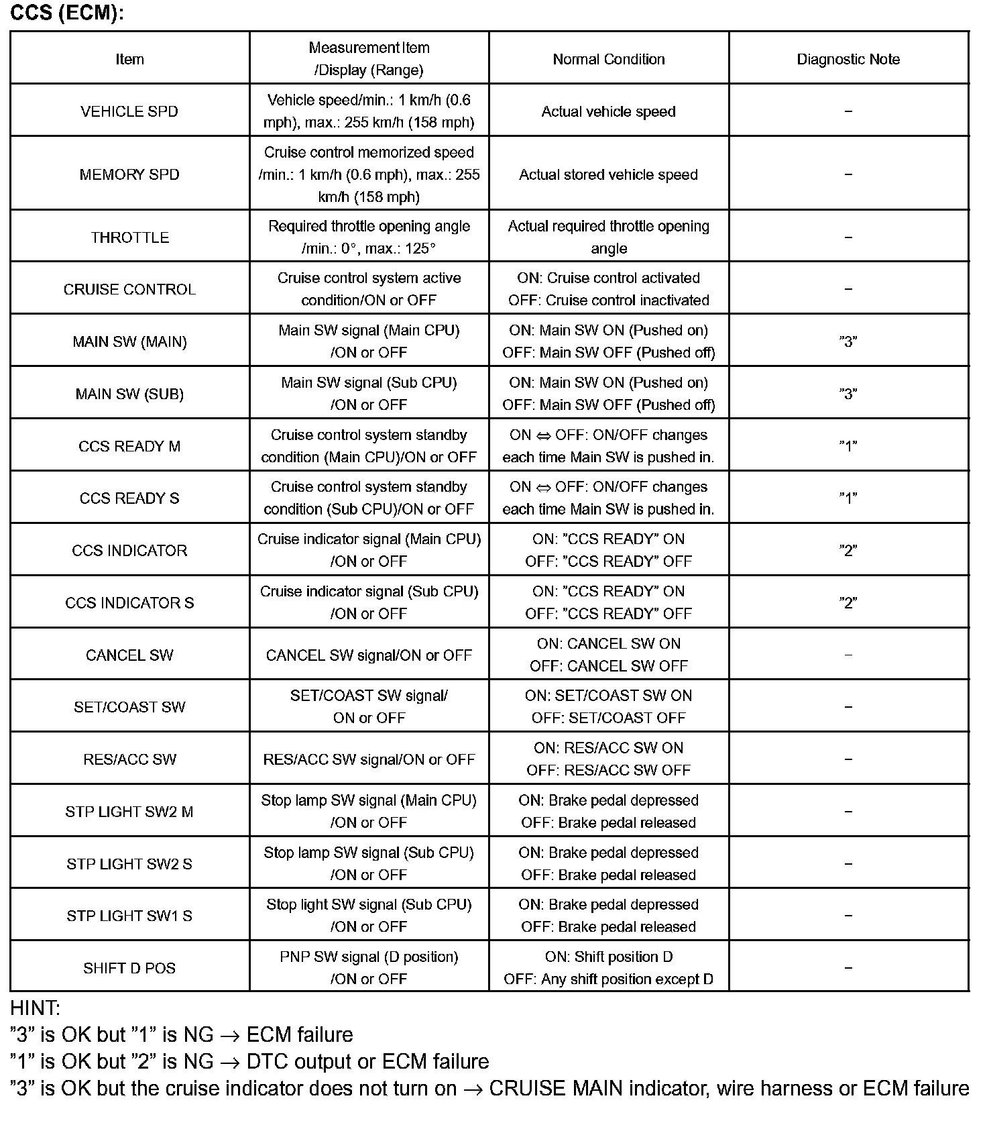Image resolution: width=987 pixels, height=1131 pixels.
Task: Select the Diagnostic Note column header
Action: (848, 59)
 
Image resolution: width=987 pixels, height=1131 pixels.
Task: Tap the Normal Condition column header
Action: (609, 59)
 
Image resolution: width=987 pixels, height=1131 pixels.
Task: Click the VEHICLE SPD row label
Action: (129, 111)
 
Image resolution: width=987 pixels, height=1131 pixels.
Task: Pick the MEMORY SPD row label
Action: (129, 174)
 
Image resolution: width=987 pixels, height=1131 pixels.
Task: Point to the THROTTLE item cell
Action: (129, 237)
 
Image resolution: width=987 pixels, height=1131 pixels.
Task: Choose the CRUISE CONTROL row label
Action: (129, 290)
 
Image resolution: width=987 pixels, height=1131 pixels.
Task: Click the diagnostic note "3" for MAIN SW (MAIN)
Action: (848, 341)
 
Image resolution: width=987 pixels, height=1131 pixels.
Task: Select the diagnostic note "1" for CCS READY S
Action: (848, 498)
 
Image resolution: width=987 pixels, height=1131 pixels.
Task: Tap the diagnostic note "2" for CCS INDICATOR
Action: (848, 550)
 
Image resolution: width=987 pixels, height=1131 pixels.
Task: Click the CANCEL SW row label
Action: (129, 655)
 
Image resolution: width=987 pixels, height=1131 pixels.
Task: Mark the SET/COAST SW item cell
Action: (129, 707)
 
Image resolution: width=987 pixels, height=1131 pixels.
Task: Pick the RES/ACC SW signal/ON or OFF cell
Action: (369, 759)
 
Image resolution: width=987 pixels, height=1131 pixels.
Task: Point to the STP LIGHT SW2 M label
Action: (129, 812)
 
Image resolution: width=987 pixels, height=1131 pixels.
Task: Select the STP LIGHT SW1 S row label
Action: (129, 916)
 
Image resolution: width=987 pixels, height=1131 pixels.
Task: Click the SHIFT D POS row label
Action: (129, 968)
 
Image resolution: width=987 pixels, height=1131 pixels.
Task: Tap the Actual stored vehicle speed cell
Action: (609, 174)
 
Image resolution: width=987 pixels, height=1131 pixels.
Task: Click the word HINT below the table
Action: (36, 1008)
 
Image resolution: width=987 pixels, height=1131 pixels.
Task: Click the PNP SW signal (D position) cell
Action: (369, 957)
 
